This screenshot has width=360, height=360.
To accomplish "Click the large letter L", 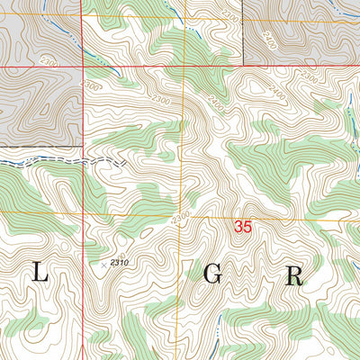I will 40,275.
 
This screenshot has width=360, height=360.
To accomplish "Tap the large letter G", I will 212,276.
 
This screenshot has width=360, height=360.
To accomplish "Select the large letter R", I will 294,275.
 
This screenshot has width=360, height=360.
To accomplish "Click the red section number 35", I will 241,228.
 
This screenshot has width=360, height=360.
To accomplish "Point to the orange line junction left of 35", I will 180,216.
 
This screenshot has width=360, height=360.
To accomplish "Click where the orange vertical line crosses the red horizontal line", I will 184,67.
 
